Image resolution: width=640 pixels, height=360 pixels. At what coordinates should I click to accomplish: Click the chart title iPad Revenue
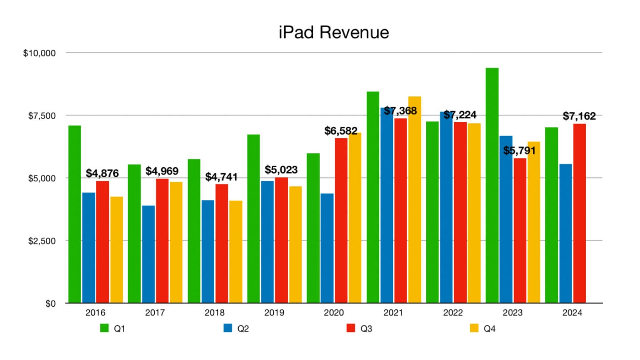pos(334,32)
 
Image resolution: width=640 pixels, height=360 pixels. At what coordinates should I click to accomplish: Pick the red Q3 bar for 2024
pos(579,213)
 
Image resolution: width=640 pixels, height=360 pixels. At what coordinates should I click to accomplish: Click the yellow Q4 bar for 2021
pos(415,200)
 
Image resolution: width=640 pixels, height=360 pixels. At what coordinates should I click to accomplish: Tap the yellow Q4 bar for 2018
pos(236,252)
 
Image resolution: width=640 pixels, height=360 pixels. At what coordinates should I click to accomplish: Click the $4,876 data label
pos(103,173)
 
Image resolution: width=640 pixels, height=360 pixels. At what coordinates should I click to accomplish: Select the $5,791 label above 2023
pos(520,150)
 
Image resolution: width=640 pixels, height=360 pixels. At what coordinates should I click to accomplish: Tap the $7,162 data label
pos(579,116)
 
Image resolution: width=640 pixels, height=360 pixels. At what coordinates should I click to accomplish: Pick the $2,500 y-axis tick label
pos(40,241)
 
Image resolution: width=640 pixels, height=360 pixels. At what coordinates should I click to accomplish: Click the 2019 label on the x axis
pos(274,313)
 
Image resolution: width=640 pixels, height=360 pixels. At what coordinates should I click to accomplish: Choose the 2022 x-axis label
pos(453,313)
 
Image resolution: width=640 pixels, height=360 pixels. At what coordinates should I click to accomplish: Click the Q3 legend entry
pos(360,329)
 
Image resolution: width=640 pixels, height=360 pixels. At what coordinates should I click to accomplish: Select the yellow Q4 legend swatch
pos(475,329)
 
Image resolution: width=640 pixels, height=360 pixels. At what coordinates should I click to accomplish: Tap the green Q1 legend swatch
pos(104,329)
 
